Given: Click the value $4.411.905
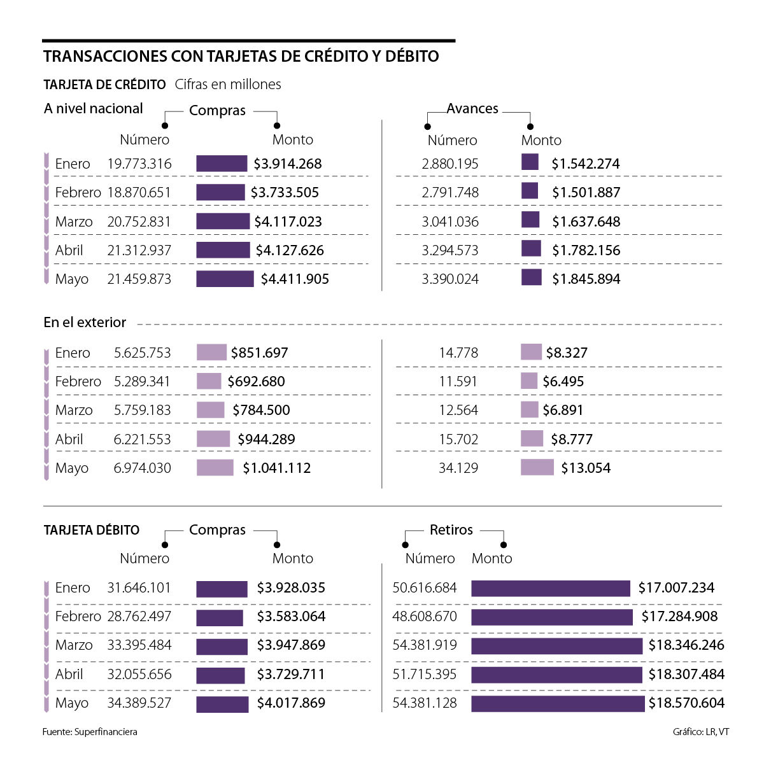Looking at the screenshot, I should [295, 279].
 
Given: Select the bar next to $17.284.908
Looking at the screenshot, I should [552, 617].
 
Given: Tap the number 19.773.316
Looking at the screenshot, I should [139, 164].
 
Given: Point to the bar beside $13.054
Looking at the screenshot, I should [537, 468].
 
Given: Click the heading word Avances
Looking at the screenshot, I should [472, 109].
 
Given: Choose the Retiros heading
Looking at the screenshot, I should [451, 530].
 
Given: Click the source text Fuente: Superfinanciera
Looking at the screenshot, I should [90, 732].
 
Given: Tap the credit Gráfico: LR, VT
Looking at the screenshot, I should [701, 732].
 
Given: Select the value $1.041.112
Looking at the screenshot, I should [277, 468].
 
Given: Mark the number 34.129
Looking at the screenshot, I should [458, 468].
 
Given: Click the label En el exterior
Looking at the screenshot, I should [85, 322].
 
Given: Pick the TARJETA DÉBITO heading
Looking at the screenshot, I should [92, 530].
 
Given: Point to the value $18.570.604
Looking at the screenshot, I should [686, 703].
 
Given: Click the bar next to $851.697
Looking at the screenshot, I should [211, 352].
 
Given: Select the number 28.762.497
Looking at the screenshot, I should [139, 616].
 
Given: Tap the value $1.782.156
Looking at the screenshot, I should [586, 250].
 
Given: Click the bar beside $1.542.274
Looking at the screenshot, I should [530, 162].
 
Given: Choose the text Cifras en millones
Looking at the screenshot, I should [228, 85].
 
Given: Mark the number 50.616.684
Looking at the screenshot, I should [425, 587].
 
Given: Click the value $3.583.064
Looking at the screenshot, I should [291, 616].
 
